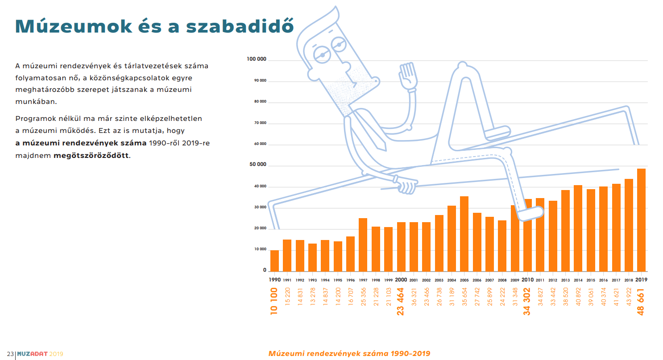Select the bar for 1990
click(274, 261)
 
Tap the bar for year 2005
click(464, 234)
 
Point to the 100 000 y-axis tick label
click(257, 59)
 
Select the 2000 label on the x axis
click(401, 280)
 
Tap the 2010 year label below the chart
click(527, 280)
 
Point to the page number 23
click(10, 354)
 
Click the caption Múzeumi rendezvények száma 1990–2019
click(349, 354)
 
